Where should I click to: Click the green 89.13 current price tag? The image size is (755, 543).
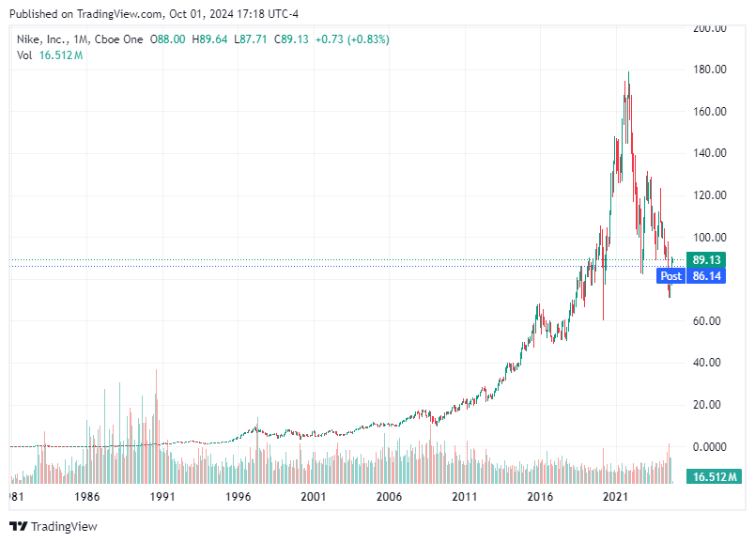pos(706,259)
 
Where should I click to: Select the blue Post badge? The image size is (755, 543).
pos(670,276)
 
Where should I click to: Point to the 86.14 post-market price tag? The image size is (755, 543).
pos(706,276)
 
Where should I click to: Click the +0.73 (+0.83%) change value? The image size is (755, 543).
pos(352,39)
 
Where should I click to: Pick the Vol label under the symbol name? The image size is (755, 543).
pos(25,55)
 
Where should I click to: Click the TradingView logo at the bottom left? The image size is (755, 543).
pos(54,526)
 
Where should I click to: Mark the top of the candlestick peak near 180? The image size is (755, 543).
pos(628,72)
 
